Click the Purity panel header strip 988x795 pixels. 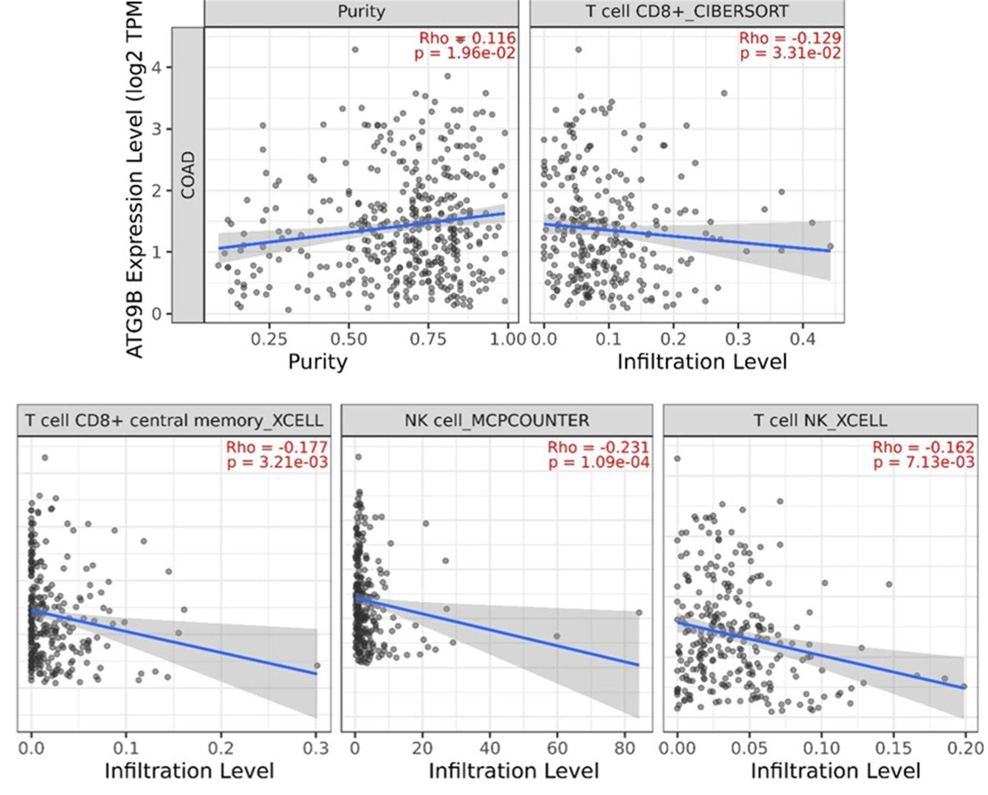(x=361, y=13)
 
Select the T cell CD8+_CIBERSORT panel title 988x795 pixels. (x=687, y=12)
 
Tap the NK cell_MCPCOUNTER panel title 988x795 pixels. (x=497, y=420)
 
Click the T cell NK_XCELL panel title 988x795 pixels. (x=820, y=420)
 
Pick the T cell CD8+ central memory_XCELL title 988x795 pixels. (x=174, y=420)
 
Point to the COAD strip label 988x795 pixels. (x=189, y=175)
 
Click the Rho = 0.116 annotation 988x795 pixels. (x=467, y=38)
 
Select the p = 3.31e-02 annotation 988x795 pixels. (x=791, y=53)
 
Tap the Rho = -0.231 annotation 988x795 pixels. (x=599, y=447)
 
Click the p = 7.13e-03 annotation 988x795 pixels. (x=924, y=462)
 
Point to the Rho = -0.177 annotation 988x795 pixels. (x=277, y=447)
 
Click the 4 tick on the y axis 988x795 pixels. (x=156, y=68)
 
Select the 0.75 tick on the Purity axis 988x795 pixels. (x=428, y=340)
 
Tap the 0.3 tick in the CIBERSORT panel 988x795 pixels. (x=738, y=340)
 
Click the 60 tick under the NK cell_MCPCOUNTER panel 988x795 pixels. (x=557, y=748)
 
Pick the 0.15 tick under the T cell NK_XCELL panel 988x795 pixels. (x=893, y=748)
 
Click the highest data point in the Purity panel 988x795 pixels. (x=355, y=49)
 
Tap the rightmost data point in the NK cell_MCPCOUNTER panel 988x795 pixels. (x=639, y=613)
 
